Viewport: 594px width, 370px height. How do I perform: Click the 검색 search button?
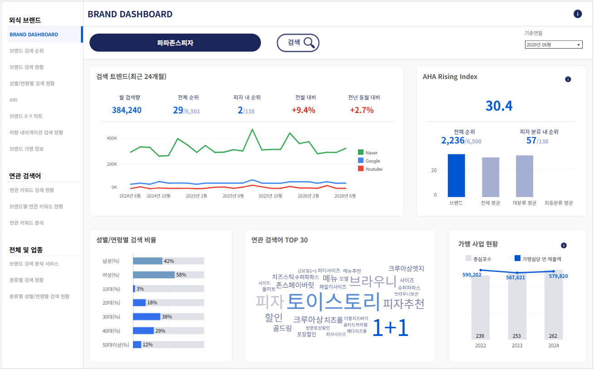(x=298, y=43)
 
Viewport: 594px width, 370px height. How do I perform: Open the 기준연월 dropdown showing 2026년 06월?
(x=554, y=44)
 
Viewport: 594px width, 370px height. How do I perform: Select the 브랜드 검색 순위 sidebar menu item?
(x=26, y=51)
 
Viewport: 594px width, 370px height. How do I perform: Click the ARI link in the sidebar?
(x=14, y=100)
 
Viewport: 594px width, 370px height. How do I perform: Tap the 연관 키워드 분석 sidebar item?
(x=26, y=223)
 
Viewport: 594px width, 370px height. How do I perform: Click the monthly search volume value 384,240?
(x=127, y=110)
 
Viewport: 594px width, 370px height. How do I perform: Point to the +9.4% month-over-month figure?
(x=304, y=110)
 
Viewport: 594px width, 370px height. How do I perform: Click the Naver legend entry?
(x=368, y=153)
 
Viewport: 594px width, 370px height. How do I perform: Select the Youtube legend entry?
(x=370, y=169)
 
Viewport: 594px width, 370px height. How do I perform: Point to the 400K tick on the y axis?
(x=112, y=138)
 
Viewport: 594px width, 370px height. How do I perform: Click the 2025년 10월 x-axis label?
(x=270, y=196)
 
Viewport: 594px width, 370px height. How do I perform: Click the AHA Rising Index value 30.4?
(x=499, y=106)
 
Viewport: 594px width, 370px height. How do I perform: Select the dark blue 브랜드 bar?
(x=456, y=176)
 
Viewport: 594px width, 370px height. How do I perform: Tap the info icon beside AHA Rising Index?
(x=568, y=79)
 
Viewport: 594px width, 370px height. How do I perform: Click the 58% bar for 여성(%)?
(x=154, y=275)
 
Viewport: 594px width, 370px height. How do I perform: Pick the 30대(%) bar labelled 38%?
(x=147, y=317)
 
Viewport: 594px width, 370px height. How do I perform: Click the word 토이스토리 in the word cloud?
(x=334, y=301)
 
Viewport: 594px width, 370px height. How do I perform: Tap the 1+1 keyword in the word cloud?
(x=390, y=328)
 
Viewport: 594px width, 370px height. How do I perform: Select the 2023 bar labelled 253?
(x=517, y=306)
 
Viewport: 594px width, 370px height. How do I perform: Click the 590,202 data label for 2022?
(x=471, y=275)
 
